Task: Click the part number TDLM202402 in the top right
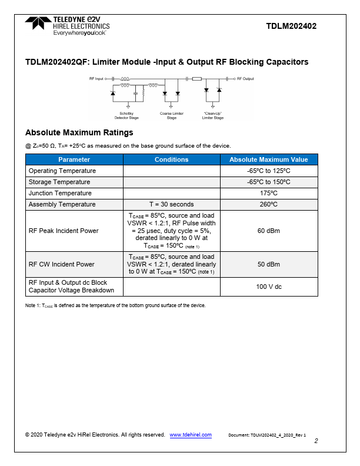(x=291, y=26)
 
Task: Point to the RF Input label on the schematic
(x=96, y=78)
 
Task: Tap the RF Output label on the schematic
(x=245, y=78)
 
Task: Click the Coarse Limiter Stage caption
(x=171, y=115)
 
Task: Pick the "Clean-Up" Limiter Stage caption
(x=213, y=115)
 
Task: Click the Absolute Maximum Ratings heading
(x=79, y=132)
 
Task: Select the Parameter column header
(x=74, y=159)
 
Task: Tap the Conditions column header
(x=171, y=159)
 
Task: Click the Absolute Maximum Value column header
(x=268, y=159)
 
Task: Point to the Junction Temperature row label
(x=60, y=193)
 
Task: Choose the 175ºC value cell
(x=268, y=193)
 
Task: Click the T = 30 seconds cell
(x=171, y=204)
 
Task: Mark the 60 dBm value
(x=268, y=231)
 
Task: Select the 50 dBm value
(x=268, y=264)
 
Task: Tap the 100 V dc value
(x=268, y=287)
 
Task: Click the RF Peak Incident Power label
(x=64, y=231)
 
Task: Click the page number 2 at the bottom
(x=316, y=441)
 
